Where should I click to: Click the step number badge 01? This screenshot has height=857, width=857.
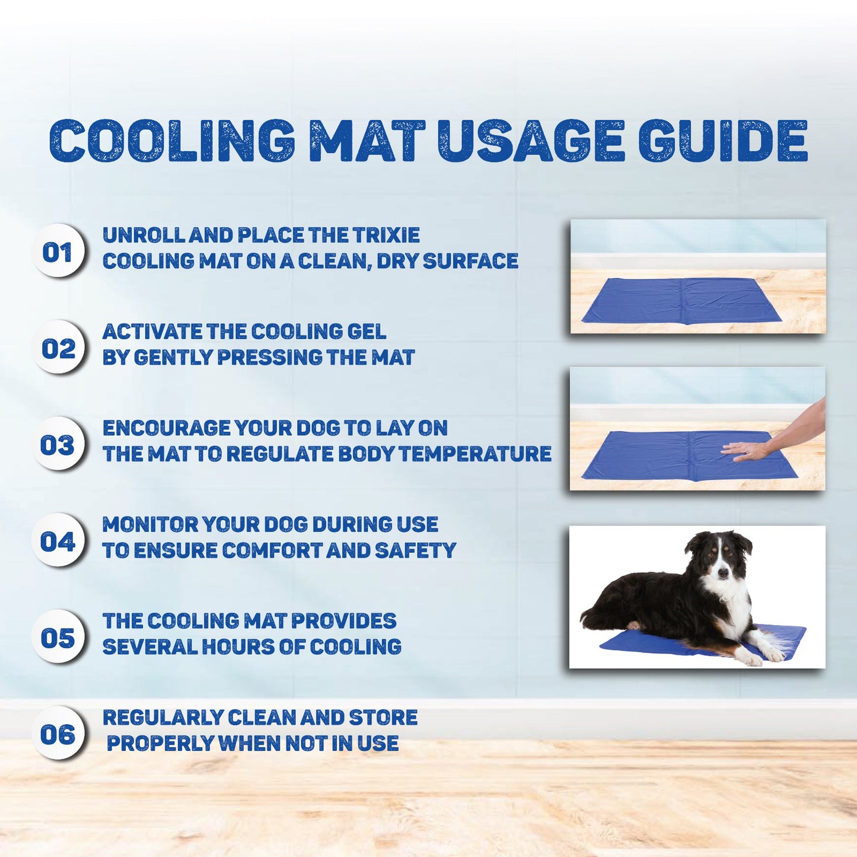coord(58,251)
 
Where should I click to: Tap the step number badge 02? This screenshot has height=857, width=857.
coord(58,348)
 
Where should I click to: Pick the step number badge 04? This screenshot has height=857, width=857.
coord(58,540)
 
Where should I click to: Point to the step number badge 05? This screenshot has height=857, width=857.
coord(58,637)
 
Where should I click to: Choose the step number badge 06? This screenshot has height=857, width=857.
coord(58,734)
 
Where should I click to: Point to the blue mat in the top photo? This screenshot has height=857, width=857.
coord(681,300)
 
